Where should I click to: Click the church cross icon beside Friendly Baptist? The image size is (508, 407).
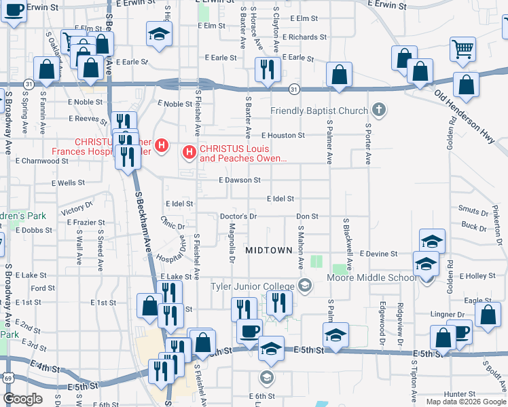379,110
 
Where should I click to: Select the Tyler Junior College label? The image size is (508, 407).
254,286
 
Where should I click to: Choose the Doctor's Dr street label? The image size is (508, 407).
238,216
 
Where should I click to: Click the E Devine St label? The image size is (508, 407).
378,253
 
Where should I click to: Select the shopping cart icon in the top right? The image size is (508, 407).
462,49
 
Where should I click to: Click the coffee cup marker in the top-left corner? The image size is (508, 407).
13,12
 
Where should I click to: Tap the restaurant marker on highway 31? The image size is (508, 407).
268,71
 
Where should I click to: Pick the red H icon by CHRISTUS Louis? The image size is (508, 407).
189,151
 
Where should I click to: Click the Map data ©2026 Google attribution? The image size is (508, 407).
466,402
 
